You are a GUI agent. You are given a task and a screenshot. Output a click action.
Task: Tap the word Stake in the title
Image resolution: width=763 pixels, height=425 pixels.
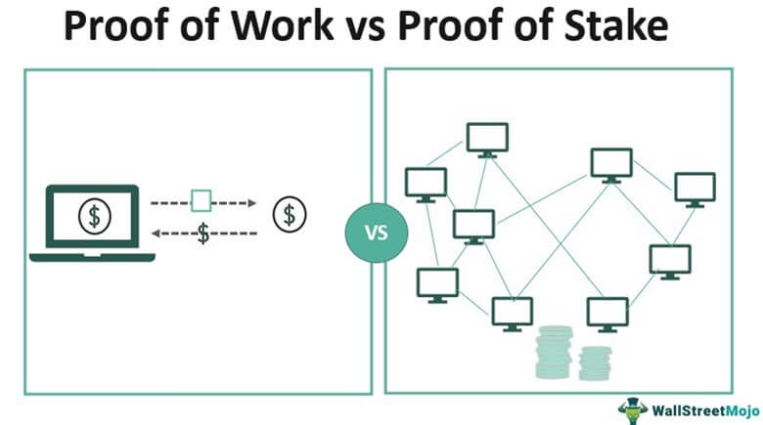pyautogui.click(x=612, y=28)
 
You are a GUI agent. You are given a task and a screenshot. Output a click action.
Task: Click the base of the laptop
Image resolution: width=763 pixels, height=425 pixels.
pyautogui.click(x=93, y=257)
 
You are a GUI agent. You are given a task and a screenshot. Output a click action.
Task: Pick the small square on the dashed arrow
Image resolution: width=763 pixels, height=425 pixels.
pyautogui.click(x=202, y=202)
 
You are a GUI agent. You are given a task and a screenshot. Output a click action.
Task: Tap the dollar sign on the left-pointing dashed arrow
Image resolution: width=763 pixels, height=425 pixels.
pyautogui.click(x=202, y=234)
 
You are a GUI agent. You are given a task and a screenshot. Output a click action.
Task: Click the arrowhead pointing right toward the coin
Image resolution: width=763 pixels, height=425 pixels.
pyautogui.click(x=251, y=203)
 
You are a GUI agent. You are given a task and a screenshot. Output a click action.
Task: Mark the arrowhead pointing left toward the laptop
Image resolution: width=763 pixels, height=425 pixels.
pyautogui.click(x=157, y=234)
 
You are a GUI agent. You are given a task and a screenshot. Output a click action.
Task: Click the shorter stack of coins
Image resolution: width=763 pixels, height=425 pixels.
pyautogui.click(x=593, y=363)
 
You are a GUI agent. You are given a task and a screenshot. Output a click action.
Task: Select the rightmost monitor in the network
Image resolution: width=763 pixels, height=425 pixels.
pyautogui.click(x=695, y=189)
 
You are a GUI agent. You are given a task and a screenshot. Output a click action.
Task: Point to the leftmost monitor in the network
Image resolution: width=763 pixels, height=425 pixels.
pyautogui.click(x=426, y=183)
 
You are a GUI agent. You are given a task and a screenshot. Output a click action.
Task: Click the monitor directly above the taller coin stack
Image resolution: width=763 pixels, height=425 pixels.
pyautogui.click(x=512, y=313)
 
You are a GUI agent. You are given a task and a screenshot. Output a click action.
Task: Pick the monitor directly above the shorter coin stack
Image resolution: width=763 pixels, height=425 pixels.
pyautogui.click(x=607, y=314)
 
